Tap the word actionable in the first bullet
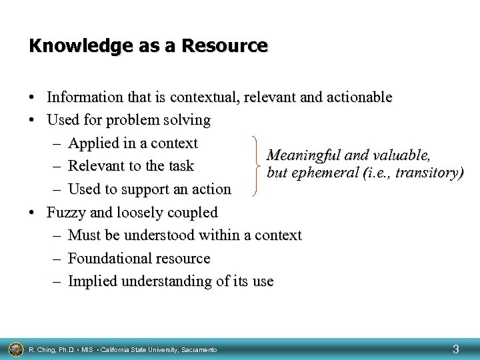pos(358,97)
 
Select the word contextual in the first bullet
pos(205,97)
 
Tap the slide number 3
pos(455,348)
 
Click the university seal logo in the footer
pos(15,348)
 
